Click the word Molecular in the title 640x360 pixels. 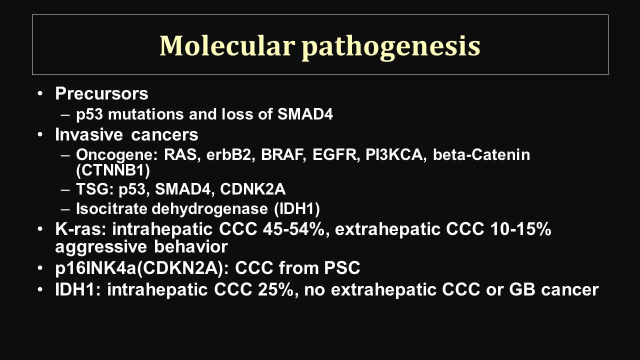(x=227, y=45)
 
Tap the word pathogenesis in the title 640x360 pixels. (x=391, y=47)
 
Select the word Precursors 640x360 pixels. (x=101, y=93)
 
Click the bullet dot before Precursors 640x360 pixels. (x=40, y=93)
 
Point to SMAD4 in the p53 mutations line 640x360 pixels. (x=305, y=114)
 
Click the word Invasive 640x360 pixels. (x=89, y=134)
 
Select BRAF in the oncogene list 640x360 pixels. (x=281, y=155)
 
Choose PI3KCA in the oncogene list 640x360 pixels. (x=394, y=155)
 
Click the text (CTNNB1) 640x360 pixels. (x=113, y=170)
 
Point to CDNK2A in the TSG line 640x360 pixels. (x=253, y=189)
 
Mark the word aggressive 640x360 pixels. (x=101, y=247)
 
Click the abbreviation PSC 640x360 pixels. (x=341, y=268)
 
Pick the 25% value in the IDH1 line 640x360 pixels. (x=275, y=289)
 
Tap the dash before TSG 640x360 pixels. (x=65, y=189)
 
